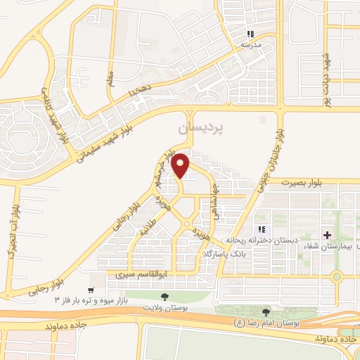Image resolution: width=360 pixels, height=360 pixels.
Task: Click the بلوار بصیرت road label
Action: [302, 182]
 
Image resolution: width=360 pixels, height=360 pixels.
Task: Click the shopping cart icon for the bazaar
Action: [91, 290]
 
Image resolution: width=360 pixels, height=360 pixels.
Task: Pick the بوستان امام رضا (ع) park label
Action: [267, 323]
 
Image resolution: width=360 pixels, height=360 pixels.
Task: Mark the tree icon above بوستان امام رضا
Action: [266, 312]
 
